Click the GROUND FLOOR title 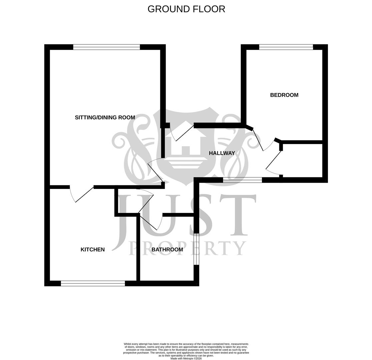click(186, 9)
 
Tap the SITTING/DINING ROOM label click(105, 117)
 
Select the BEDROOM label click(284, 95)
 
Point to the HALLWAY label click(222, 153)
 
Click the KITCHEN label click(93, 249)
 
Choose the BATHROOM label click(167, 249)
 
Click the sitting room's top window click(106, 47)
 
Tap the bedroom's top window click(286, 47)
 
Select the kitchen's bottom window click(93, 283)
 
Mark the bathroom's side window click(196, 249)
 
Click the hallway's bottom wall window click(242, 180)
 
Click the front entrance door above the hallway click(182, 133)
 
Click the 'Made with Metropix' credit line click(186, 358)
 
